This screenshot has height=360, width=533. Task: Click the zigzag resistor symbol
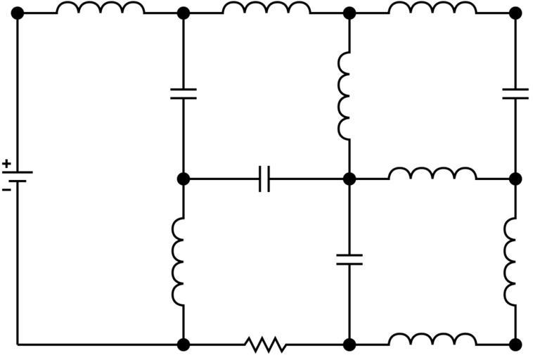[266, 345]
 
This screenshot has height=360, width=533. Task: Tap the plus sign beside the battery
[6, 162]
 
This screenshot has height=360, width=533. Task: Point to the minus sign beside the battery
[6, 189]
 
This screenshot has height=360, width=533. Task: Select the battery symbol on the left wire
[18, 176]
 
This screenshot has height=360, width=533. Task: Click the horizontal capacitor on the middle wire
[264, 179]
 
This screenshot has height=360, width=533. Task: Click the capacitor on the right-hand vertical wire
[515, 94]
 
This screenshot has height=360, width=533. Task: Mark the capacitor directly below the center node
[349, 259]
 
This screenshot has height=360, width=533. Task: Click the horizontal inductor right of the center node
[432, 174]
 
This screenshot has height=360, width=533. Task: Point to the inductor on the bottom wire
[432, 341]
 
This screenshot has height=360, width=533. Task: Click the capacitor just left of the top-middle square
[183, 94]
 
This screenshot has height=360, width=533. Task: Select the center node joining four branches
[349, 179]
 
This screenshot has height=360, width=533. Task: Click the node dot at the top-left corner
[18, 13]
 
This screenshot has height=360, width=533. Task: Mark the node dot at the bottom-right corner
[515, 345]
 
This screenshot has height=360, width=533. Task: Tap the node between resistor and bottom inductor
[349, 345]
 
